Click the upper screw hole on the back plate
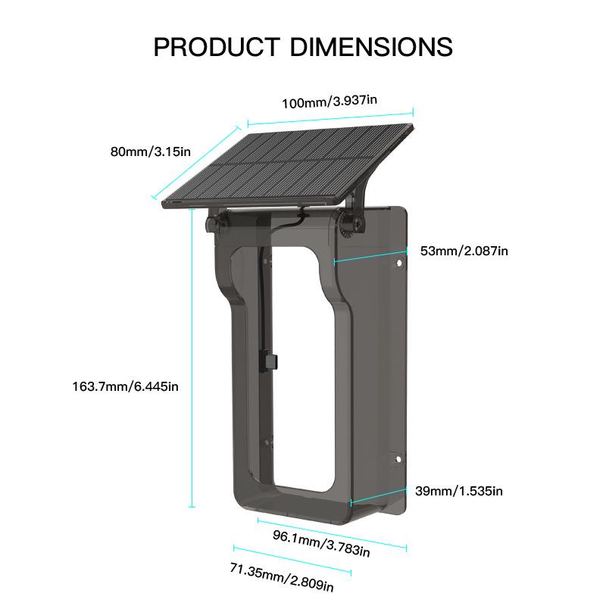[398, 264]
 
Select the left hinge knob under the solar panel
[214, 223]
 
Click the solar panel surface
[292, 163]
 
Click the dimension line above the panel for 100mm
[330, 116]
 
